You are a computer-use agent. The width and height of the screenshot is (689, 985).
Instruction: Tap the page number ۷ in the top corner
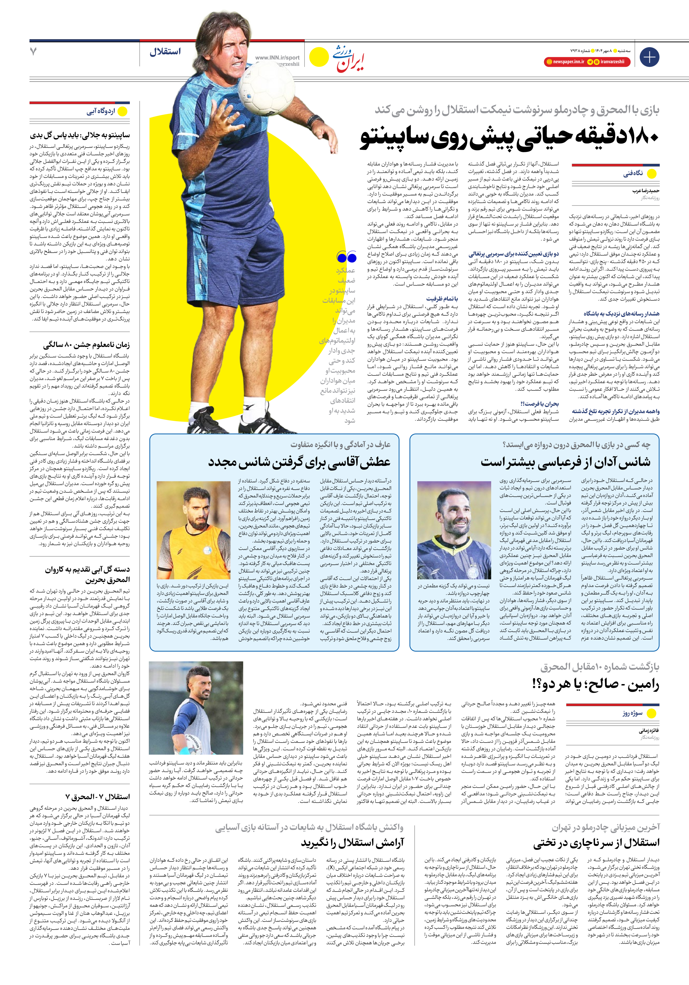[33, 52]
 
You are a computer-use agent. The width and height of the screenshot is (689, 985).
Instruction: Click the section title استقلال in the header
[165, 52]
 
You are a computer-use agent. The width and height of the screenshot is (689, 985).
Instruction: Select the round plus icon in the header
[649, 57]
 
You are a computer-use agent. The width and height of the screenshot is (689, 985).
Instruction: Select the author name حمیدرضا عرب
[646, 191]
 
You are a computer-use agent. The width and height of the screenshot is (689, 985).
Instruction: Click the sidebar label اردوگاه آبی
[101, 111]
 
